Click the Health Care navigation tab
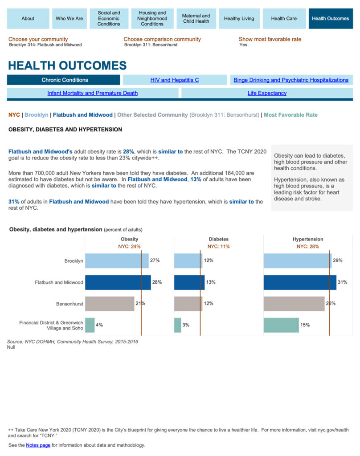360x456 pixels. point(284,19)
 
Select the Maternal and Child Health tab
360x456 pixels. point(196,19)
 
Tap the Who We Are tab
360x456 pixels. point(69,19)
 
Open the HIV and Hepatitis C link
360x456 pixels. point(175,80)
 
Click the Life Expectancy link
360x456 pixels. point(267,93)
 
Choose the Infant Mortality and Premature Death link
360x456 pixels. point(92,93)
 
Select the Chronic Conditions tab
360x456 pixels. point(65,80)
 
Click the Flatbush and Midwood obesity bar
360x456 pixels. point(118,282)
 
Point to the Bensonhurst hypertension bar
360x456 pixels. point(294,304)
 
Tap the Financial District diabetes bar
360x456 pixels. point(178,325)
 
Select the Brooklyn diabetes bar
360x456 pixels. point(188,261)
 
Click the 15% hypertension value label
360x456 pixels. point(305,325)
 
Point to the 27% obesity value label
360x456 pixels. point(155,261)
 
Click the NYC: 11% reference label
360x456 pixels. point(218,246)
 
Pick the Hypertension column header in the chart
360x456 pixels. point(308,239)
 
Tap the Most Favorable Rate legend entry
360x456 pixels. point(290,115)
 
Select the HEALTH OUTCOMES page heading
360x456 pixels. point(67,66)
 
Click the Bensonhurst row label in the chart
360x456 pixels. point(70,304)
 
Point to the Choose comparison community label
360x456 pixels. point(162,39)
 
